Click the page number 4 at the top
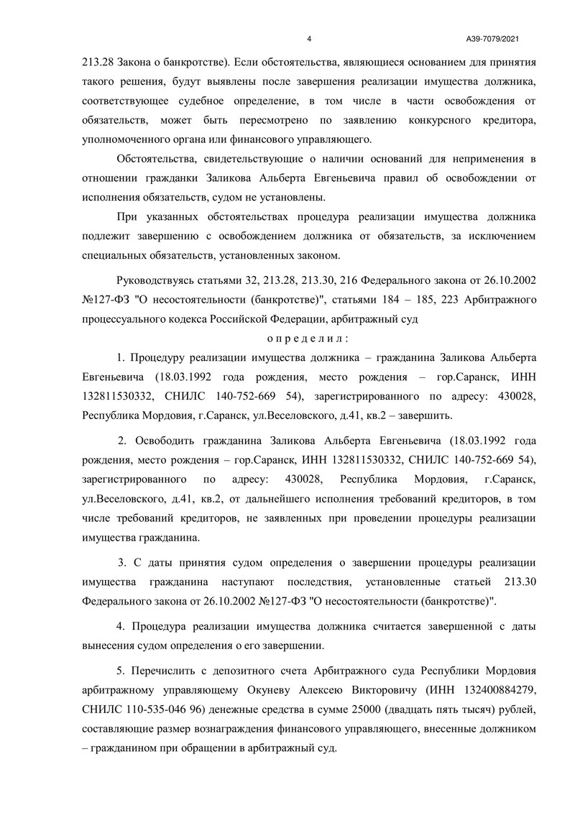click(308, 38)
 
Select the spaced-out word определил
click(308, 336)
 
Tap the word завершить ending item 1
click(431, 415)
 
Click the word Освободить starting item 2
click(166, 440)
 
